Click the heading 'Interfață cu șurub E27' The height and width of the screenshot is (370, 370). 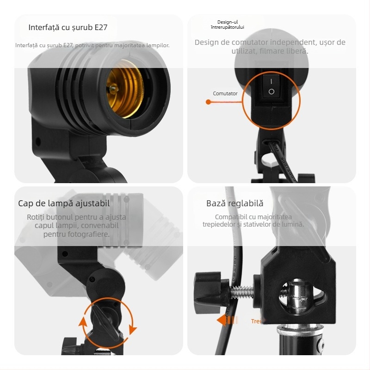point(68,27)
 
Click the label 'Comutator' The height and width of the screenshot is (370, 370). point(225,93)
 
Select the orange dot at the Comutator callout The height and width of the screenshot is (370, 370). point(208,102)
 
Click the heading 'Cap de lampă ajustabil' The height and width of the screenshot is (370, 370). point(64,203)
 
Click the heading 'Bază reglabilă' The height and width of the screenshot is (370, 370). point(234,203)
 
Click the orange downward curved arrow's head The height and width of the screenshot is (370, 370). point(133,330)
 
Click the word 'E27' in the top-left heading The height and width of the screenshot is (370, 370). point(101,27)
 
